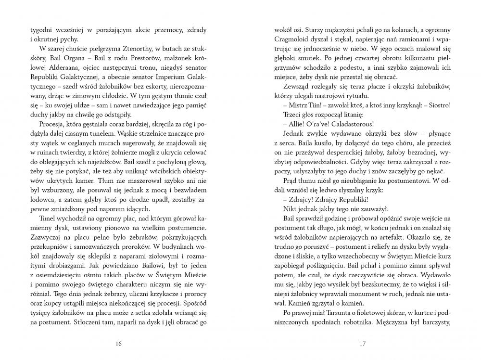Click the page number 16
point(119,344)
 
